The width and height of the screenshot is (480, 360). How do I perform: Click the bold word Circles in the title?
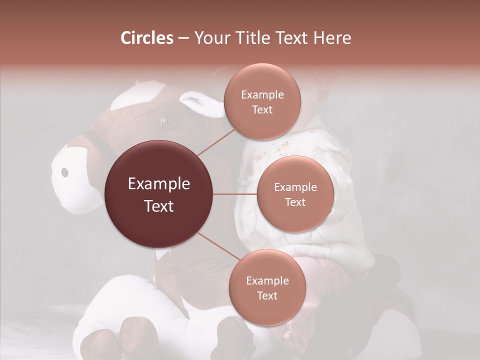pos(146,38)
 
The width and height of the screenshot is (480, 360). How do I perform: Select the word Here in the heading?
pos(332,38)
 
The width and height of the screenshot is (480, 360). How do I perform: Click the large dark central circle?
pos(158,194)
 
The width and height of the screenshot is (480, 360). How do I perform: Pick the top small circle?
pos(262,101)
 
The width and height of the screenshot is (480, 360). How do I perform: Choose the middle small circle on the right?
pos(295,194)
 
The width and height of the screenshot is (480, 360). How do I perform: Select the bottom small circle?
pos(267,287)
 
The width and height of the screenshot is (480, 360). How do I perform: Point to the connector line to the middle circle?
pos(235,194)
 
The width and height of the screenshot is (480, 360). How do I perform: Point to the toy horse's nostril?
pos(64,172)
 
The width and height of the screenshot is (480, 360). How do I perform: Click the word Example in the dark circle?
pos(159,184)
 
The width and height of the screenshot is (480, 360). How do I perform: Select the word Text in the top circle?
pos(262,109)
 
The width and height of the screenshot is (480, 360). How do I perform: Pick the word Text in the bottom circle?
pos(267,295)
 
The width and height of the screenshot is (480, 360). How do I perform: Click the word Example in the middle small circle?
pos(295,187)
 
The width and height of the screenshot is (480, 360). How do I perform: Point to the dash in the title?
pos(183,38)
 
